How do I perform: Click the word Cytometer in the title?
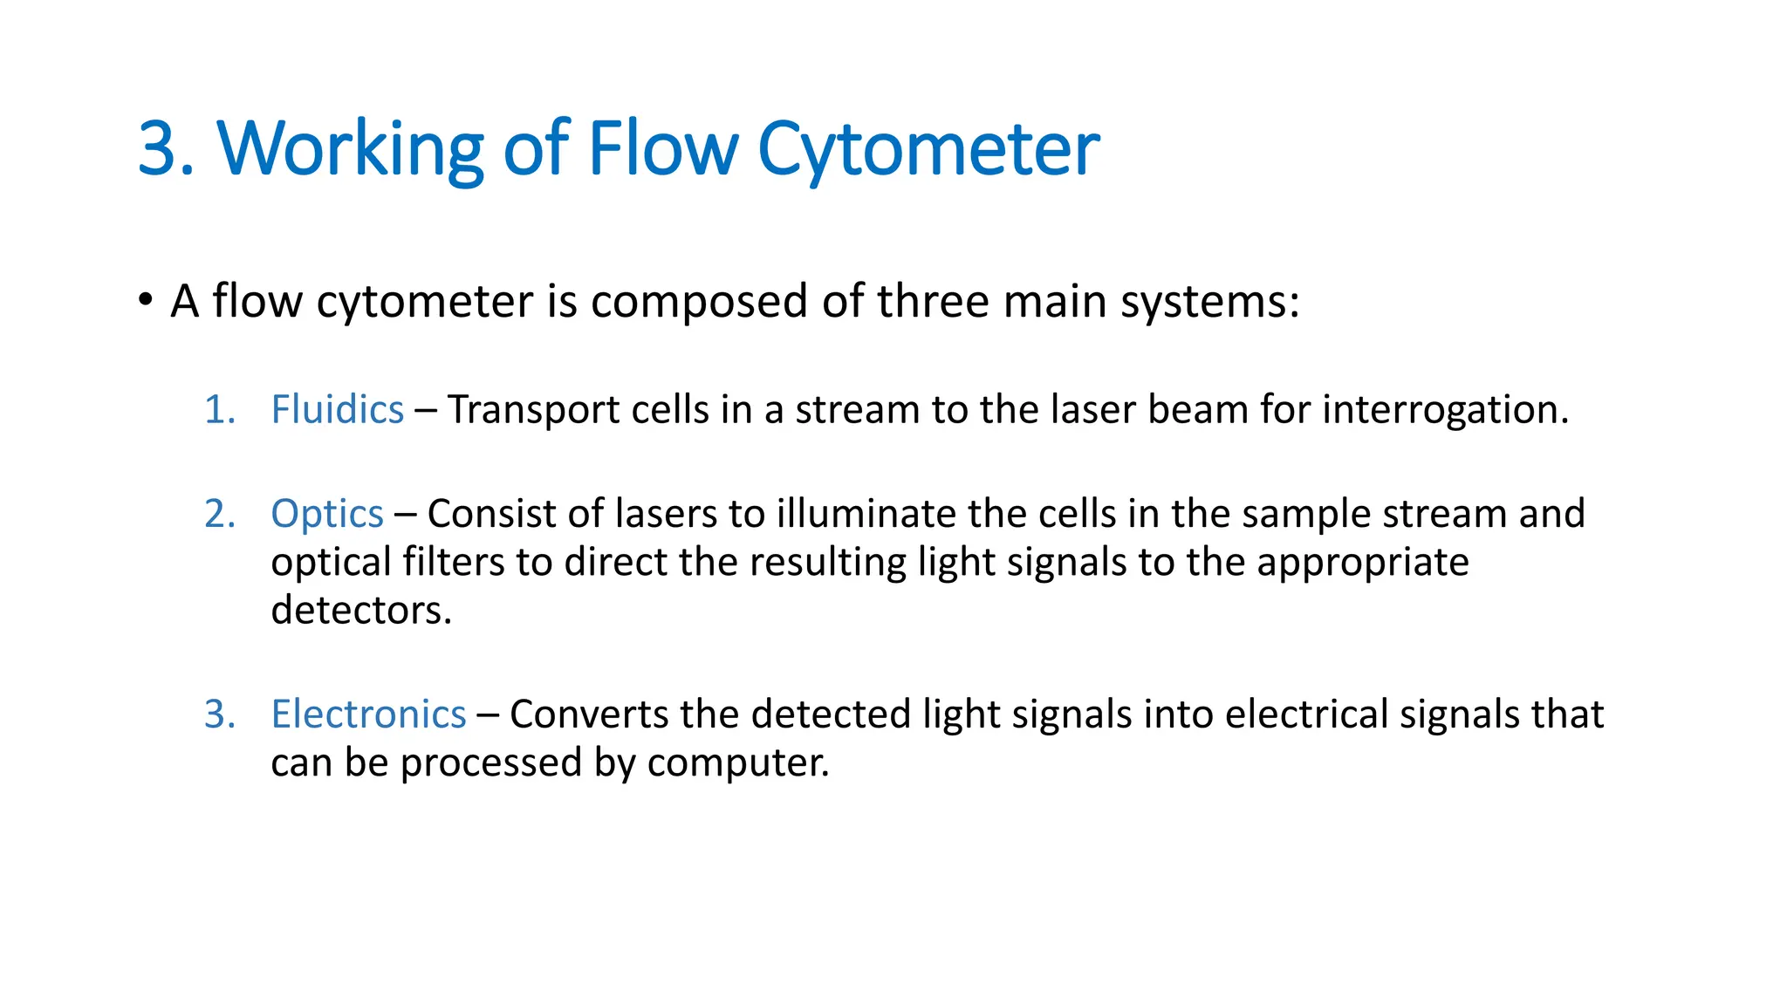pos(928,149)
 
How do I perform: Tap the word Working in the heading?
pos(350,149)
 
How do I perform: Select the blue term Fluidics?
pos(338,409)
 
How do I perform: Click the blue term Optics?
pos(327,514)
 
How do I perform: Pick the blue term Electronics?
pos(368,714)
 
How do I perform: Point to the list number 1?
pos(219,410)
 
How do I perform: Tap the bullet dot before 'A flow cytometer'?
pos(146,300)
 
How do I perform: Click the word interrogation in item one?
pos(1445,409)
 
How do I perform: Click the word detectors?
pos(360,610)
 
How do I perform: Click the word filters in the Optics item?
pos(454,562)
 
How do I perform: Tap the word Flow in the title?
pos(663,149)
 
